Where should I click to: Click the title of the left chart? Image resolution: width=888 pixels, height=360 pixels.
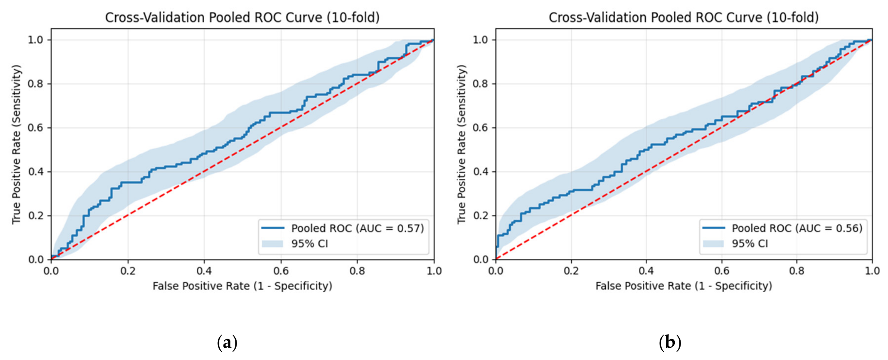pyautogui.click(x=242, y=18)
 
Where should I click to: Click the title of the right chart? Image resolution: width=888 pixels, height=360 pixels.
pyautogui.click(x=684, y=18)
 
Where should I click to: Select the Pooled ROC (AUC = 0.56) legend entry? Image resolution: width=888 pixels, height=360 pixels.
pyautogui.click(x=782, y=228)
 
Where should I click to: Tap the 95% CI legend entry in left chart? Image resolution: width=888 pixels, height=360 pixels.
pyautogui.click(x=295, y=244)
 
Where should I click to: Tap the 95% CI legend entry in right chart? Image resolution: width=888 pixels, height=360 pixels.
pyautogui.click(x=735, y=244)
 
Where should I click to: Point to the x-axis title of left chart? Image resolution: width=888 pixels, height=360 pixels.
pyautogui.click(x=242, y=286)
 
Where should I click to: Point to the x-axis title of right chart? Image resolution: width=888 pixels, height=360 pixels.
pyautogui.click(x=684, y=286)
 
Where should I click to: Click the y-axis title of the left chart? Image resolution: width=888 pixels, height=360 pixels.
pyautogui.click(x=16, y=144)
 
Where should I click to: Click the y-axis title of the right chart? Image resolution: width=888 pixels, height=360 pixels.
pyautogui.click(x=462, y=144)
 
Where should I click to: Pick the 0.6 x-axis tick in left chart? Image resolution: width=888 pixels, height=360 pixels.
pyautogui.click(x=281, y=271)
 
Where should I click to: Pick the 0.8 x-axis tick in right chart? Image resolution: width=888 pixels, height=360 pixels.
pyautogui.click(x=797, y=271)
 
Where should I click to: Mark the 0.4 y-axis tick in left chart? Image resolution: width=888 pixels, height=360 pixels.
pyautogui.click(x=36, y=171)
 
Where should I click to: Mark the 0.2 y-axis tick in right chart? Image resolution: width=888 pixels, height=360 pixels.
pyautogui.click(x=481, y=215)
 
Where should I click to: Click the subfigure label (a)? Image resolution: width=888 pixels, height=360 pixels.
pyautogui.click(x=227, y=342)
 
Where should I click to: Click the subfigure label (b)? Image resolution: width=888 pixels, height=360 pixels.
pyautogui.click(x=670, y=342)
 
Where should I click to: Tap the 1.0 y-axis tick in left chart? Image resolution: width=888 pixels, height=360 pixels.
pyautogui.click(x=36, y=40)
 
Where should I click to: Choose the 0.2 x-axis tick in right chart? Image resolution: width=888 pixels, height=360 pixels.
pyautogui.click(x=571, y=271)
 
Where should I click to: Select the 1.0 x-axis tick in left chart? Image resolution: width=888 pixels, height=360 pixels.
pyautogui.click(x=434, y=271)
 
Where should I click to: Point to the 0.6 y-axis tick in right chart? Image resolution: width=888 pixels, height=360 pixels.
pyautogui.click(x=481, y=127)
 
